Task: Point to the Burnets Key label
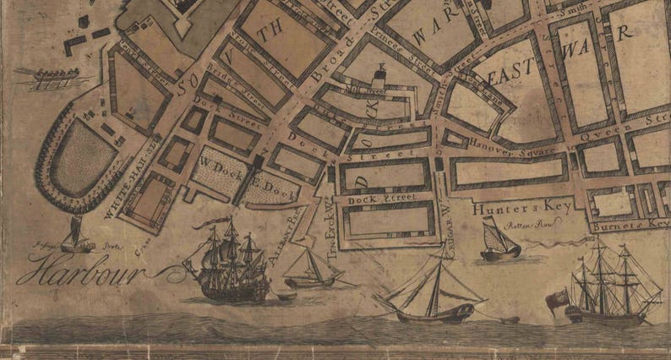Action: coord(634,226)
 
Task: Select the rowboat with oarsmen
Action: coord(46,79)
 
